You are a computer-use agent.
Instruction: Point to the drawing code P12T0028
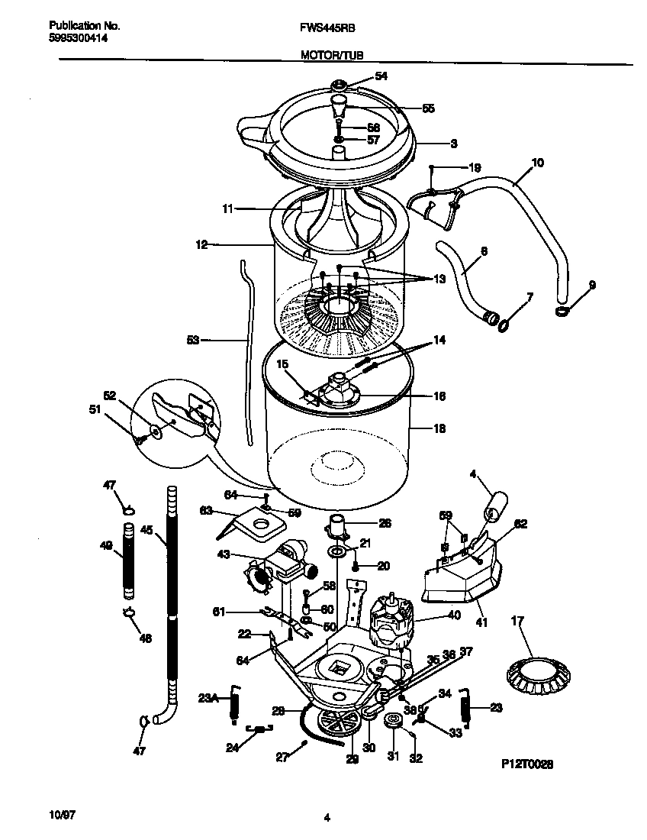coord(526,763)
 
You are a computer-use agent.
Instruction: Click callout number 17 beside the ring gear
coord(517,622)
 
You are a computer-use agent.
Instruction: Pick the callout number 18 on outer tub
coord(439,428)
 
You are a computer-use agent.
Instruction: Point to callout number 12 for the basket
coord(201,245)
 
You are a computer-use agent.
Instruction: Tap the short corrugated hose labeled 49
coord(128,560)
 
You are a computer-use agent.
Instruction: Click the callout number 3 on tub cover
coord(453,143)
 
